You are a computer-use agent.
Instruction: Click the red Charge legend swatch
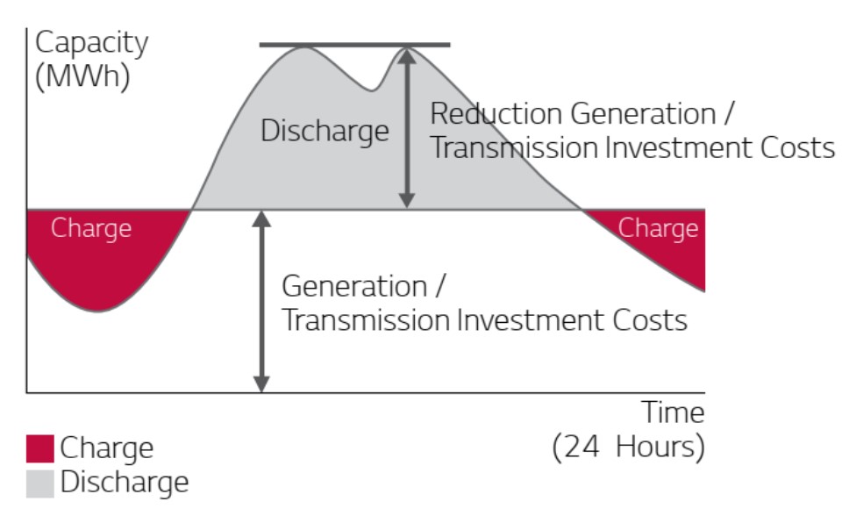[x=40, y=448]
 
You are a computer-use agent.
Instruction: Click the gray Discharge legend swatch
[x=40, y=483]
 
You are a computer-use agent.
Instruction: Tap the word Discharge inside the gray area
[x=325, y=132]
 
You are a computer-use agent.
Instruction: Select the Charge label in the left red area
[x=91, y=229]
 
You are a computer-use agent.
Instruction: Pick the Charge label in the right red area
[x=658, y=229]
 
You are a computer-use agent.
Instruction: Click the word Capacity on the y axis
[x=91, y=43]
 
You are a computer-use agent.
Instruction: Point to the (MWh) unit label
[x=82, y=76]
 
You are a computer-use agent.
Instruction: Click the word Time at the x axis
[x=673, y=412]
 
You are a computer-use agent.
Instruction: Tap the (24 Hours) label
[x=629, y=448]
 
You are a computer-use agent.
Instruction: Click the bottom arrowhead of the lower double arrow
[x=261, y=383]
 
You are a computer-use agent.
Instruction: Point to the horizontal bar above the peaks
[x=354, y=45]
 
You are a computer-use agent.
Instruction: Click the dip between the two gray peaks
[x=372, y=90]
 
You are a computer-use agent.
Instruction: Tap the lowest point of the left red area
[x=98, y=312]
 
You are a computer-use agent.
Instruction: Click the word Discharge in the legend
[x=125, y=483]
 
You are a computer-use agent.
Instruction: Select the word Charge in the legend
[x=107, y=448]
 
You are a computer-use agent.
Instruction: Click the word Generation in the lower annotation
[x=354, y=286]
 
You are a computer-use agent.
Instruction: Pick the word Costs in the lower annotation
[x=650, y=320]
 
